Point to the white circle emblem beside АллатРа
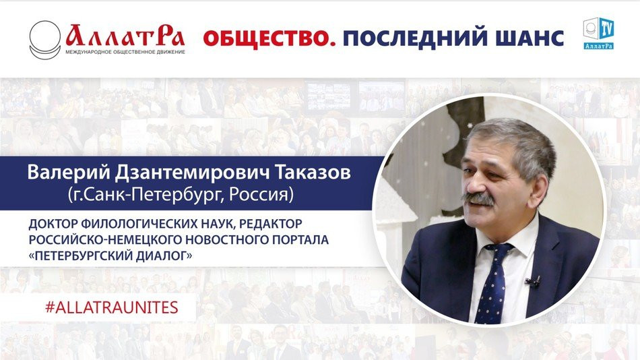point(45,39)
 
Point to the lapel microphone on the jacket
point(533,282)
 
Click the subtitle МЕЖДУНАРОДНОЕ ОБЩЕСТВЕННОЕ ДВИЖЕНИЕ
point(125,51)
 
